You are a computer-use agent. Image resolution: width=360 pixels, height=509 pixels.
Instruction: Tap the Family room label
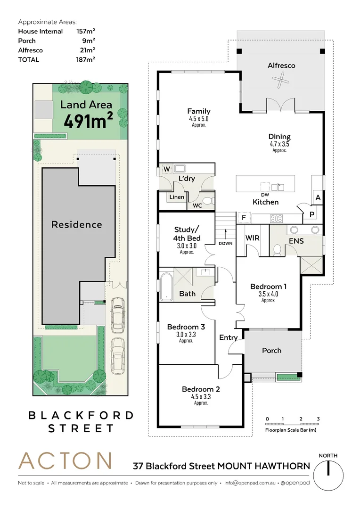pyautogui.click(x=198, y=112)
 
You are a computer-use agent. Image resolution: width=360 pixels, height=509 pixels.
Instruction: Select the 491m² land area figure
pyautogui.click(x=89, y=121)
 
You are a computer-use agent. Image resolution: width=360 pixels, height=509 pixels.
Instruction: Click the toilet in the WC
pyautogui.click(x=208, y=201)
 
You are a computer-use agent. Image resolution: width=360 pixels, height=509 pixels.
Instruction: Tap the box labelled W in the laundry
pyautogui.click(x=166, y=169)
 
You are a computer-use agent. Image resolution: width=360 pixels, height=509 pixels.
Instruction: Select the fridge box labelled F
pyautogui.click(x=244, y=218)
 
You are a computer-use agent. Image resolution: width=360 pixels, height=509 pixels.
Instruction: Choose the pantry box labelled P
pyautogui.click(x=311, y=214)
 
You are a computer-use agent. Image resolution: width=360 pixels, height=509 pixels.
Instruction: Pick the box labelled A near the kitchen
pyautogui.click(x=318, y=198)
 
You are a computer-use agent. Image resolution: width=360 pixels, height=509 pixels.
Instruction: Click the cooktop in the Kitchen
pyautogui.click(x=276, y=218)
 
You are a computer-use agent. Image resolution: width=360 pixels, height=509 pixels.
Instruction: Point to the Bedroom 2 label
pyautogui.click(x=201, y=389)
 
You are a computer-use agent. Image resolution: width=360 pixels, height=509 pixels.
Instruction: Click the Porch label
pyautogui.click(x=272, y=350)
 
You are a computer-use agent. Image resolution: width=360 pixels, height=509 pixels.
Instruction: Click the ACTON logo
pyautogui.click(x=65, y=461)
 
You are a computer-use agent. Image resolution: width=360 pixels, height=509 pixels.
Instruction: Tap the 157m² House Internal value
pyautogui.click(x=86, y=32)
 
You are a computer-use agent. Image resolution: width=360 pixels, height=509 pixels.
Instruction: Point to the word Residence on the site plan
pyautogui.click(x=76, y=224)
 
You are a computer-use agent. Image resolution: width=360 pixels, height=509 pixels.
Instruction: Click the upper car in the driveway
pyautogui.click(x=117, y=313)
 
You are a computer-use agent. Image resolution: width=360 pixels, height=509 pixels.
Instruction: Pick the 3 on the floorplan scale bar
pyautogui.click(x=318, y=419)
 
